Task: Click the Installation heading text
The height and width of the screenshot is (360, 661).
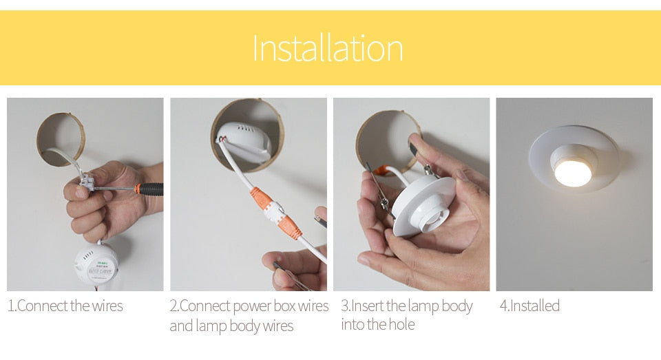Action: [328, 49]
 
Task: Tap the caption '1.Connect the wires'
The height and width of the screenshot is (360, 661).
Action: [65, 306]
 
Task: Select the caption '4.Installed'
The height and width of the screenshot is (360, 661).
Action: [529, 306]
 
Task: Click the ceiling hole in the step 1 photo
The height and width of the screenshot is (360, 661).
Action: [59, 138]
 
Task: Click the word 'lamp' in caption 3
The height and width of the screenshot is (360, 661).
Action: [423, 306]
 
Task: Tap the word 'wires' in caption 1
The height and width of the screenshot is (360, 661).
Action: [105, 306]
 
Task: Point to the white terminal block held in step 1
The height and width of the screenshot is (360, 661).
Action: [90, 182]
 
